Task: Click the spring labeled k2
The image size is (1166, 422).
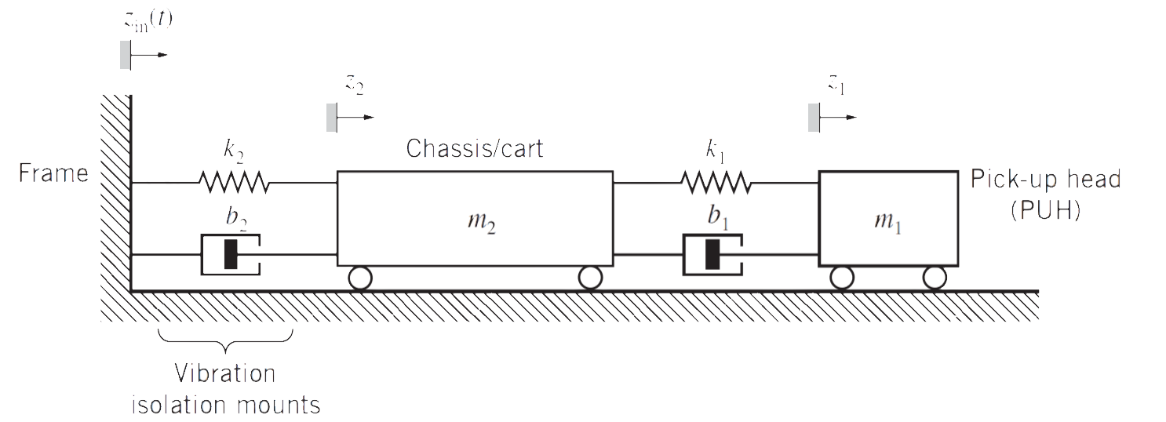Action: pos(234,183)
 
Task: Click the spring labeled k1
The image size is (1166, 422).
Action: pos(716,183)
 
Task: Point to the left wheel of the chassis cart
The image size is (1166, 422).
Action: pos(360,278)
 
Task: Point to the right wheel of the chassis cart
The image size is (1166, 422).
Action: pos(590,278)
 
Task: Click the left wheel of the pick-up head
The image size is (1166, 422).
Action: pos(842,278)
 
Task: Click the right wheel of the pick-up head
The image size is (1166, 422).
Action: pos(934,278)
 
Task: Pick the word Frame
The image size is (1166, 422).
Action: pos(53,173)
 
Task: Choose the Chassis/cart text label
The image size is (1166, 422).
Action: pos(474,148)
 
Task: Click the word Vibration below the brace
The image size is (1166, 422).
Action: pos(225,373)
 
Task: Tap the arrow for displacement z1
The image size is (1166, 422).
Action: pos(840,118)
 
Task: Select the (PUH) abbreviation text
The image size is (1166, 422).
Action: pos(1045,209)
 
